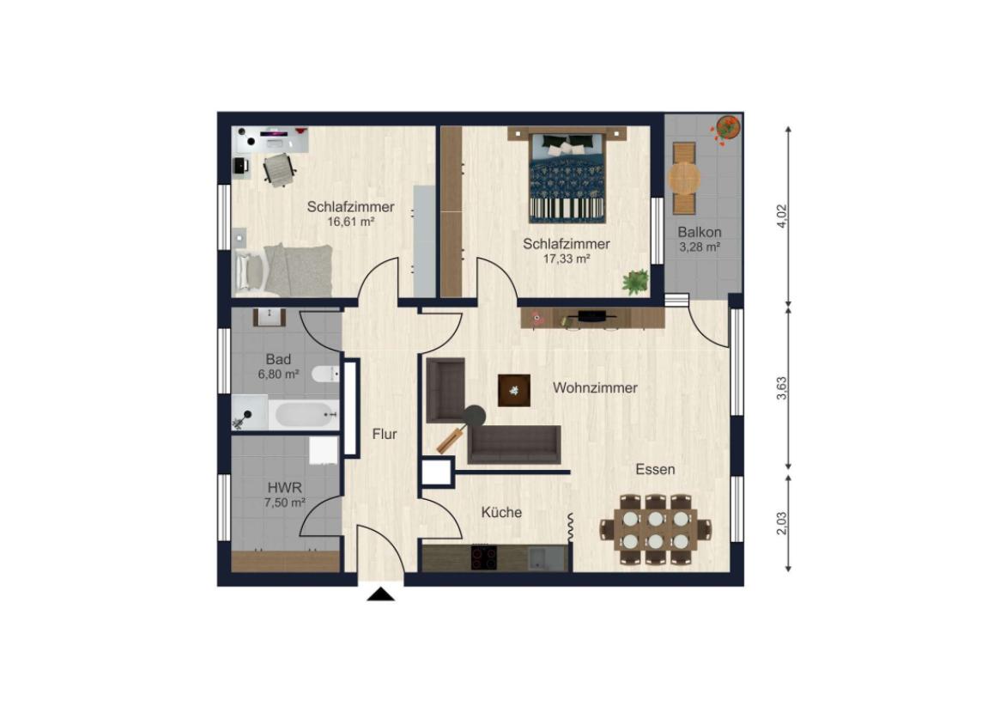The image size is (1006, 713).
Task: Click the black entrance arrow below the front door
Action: pos(380,594)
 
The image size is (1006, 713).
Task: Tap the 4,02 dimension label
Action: pos(781,216)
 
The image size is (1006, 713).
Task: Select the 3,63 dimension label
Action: pos(781,387)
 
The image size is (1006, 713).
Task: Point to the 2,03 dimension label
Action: pos(781,522)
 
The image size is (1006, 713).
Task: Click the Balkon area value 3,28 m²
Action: pos(700,247)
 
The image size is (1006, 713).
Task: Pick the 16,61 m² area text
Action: pos(350,222)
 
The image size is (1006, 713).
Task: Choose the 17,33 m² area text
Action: pos(567,259)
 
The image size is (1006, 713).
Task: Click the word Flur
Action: pos(385,434)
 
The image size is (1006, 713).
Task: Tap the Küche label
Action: pos(501,513)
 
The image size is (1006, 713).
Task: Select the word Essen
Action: pos(655,470)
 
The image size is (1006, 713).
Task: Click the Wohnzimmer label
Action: pos(595,388)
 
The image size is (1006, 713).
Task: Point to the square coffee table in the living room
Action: pos(514,391)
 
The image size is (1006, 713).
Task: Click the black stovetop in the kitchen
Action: pos(484,558)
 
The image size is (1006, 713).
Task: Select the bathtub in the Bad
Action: pos(304,415)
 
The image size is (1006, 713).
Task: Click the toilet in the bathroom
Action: pos(326,374)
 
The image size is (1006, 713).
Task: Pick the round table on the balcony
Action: pos(685,178)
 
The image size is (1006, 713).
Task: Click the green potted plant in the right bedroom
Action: pos(636,282)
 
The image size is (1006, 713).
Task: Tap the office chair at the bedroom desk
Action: pos(279,169)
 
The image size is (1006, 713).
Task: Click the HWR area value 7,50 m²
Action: pos(284,503)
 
